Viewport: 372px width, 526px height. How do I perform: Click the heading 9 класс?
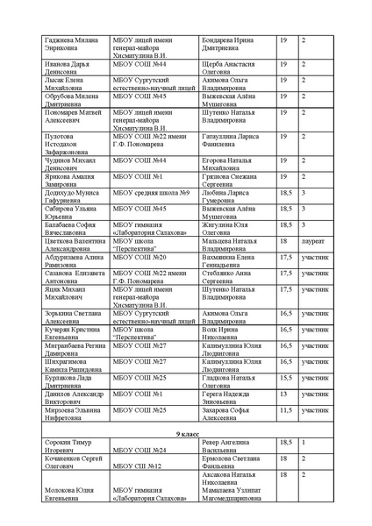[x=186, y=433]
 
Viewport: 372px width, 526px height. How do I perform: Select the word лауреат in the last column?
[x=313, y=238]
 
